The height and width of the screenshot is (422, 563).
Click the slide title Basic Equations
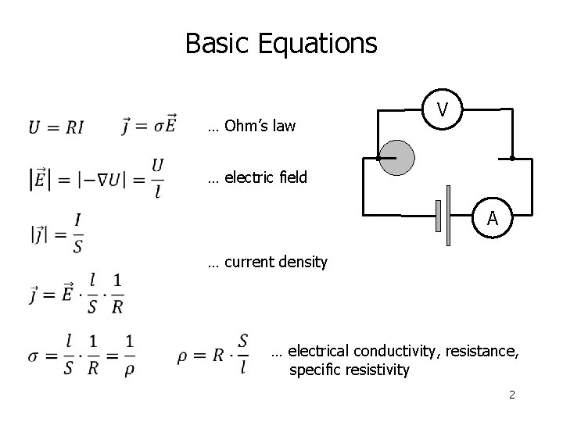281,43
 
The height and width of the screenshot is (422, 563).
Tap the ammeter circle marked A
492,219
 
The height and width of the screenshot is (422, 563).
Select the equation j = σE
149,125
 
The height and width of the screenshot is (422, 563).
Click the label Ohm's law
252,126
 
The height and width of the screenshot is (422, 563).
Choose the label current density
267,262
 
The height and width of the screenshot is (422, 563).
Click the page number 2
511,395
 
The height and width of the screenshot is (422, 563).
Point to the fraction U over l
157,178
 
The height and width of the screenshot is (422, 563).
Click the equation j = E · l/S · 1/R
76,293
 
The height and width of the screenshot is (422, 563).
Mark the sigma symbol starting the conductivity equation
34,355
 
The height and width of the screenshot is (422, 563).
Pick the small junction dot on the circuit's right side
511,159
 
